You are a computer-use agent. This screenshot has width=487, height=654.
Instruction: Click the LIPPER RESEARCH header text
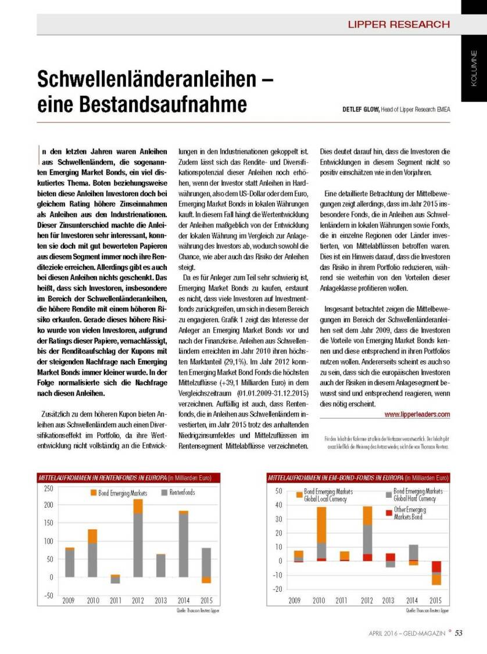click(x=398, y=24)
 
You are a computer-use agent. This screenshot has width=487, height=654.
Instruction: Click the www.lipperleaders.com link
click(x=417, y=414)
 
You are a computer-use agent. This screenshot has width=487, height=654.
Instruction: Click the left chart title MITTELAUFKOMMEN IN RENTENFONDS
click(x=101, y=477)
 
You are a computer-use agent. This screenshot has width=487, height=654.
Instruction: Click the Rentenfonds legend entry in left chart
click(x=182, y=493)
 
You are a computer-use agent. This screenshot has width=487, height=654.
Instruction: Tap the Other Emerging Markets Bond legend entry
click(x=410, y=513)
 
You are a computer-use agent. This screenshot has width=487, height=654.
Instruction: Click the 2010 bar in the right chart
click(x=321, y=534)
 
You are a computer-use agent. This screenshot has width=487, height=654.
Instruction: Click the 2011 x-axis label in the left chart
click(x=116, y=601)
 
